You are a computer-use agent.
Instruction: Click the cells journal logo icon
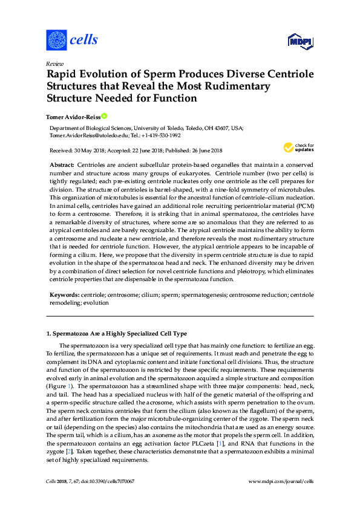pos(56,40)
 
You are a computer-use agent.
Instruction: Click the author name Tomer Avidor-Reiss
pos(73,116)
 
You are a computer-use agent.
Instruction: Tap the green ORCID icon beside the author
pos(103,115)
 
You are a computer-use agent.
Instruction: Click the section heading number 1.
pos(49,334)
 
